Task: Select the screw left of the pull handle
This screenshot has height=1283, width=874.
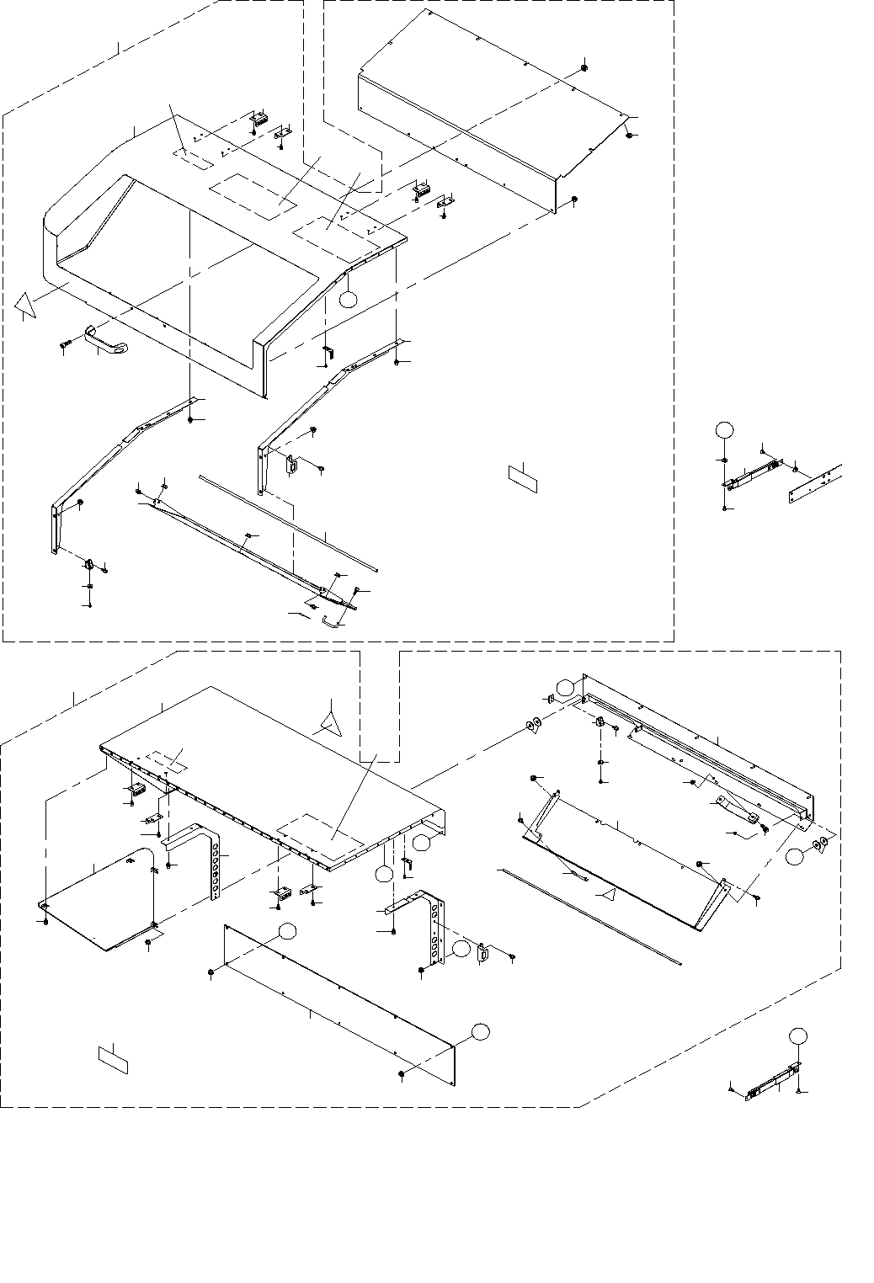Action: point(66,344)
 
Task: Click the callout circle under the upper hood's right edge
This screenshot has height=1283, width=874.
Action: point(349,299)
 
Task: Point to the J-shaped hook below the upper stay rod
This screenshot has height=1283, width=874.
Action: point(332,621)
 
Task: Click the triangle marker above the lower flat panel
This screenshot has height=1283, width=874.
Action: point(329,721)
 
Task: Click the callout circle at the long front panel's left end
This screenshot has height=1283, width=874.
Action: point(288,930)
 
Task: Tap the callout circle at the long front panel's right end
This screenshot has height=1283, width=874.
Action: point(479,1032)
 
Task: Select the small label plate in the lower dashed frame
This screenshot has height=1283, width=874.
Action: point(113,1058)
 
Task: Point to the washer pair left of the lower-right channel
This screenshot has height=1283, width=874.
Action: point(534,725)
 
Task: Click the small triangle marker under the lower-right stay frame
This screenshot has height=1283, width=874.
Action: point(605,890)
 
